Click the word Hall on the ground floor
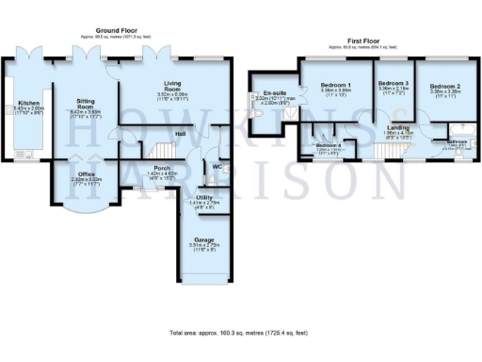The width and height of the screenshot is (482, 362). point(179,133)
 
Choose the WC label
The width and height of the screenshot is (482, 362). point(217,167)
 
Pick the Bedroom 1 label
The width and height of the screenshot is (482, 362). point(335,86)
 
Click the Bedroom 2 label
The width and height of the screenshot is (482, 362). point(444,87)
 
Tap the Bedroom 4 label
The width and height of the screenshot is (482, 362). point(327,144)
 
